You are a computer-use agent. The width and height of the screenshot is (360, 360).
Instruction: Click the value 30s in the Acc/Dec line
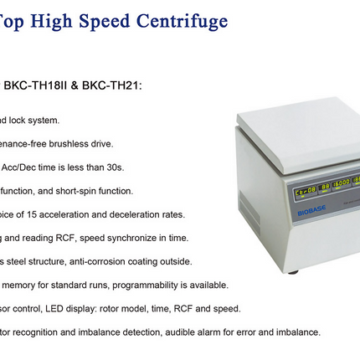[x=114, y=167]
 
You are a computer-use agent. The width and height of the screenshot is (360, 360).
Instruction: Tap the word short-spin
[x=100, y=190]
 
